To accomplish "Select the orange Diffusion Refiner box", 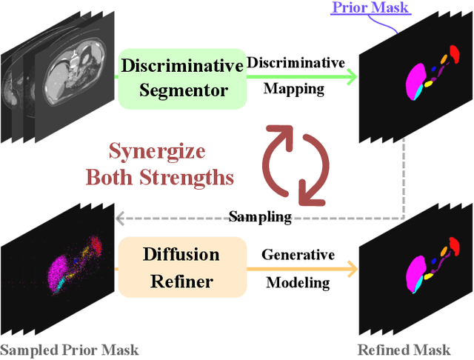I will coord(181,267).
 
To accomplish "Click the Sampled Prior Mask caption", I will coord(70,349).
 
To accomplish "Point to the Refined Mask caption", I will coord(404,349).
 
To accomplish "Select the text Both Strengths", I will coord(160,177).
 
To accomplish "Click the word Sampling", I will coord(260,217).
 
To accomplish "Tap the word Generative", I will coord(298,255).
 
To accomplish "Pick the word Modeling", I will coord(298,283).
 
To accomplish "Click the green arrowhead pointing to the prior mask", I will coord(350,76).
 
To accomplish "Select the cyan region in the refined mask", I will coord(418,281).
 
